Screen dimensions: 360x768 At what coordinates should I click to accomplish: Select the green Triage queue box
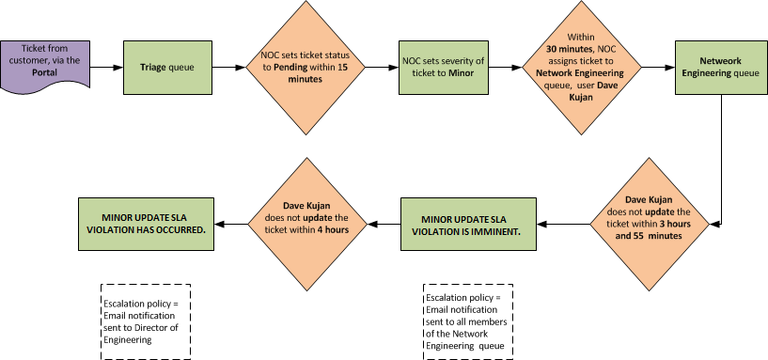point(163,68)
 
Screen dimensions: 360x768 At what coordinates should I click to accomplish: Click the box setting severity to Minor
point(444,68)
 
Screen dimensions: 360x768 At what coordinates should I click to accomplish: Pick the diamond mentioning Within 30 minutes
point(583,68)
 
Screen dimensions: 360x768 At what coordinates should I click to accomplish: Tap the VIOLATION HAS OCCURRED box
point(146,223)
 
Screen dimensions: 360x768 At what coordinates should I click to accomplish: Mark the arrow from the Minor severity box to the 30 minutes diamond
point(505,68)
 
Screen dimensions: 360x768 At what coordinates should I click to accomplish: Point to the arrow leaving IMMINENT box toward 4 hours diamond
point(382,223)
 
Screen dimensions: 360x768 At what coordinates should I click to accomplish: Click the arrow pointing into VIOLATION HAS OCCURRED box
point(230,223)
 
